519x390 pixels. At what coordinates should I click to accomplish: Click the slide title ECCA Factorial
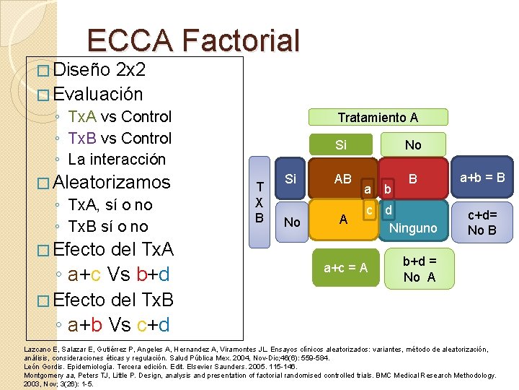point(192,41)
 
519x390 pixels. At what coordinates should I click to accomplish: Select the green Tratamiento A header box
point(378,117)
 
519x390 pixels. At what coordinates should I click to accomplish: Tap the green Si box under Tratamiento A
point(341,145)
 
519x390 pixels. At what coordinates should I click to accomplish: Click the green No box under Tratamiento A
point(413,145)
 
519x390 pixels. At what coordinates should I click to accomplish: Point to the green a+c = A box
point(345,269)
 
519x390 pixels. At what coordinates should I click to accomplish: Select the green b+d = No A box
point(419,269)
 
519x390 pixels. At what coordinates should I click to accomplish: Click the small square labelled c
point(369,210)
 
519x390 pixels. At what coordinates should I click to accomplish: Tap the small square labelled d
point(388,210)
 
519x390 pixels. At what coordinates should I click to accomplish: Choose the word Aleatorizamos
point(112,182)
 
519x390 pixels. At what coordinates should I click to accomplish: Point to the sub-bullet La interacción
point(117,159)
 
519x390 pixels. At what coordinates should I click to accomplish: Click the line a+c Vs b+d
point(119,274)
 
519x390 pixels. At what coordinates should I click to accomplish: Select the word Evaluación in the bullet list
point(98,94)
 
